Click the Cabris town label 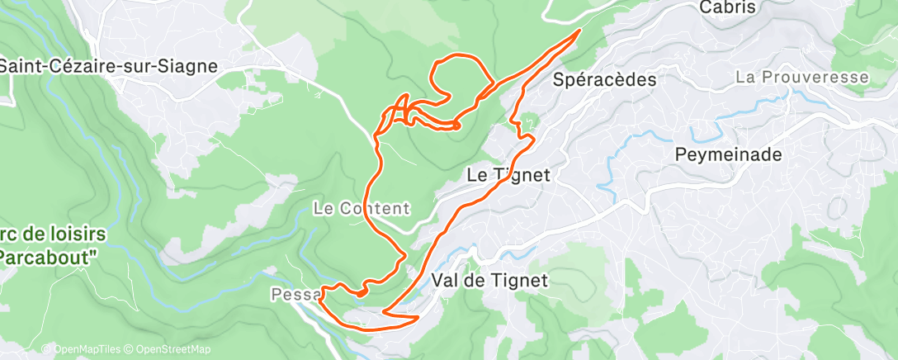727,7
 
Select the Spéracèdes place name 605,80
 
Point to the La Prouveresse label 802,78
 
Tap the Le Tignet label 508,175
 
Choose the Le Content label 362,208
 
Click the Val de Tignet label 489,281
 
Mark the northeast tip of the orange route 579,31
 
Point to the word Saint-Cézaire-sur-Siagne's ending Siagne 191,67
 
